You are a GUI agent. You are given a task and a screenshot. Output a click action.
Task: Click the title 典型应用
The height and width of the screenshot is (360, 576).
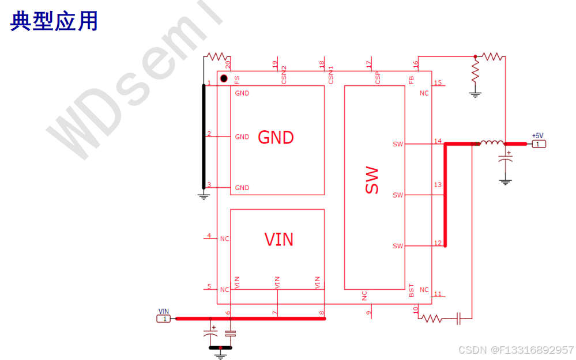[54, 21]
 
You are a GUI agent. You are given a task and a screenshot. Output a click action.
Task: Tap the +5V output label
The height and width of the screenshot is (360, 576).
[537, 136]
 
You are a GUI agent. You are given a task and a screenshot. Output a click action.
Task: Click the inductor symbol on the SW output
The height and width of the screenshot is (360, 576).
[491, 143]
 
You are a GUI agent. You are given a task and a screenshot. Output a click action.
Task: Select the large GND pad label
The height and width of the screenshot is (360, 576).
[276, 137]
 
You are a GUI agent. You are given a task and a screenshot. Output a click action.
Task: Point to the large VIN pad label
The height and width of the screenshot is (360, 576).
[278, 238]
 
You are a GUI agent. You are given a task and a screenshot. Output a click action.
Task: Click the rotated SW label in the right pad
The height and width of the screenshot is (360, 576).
[372, 180]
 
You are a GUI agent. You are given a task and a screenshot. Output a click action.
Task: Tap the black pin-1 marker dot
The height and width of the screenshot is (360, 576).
[224, 78]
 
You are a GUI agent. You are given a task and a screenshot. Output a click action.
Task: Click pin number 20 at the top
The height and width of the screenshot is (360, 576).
[228, 64]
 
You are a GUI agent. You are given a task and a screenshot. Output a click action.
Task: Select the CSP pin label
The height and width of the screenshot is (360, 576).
[378, 78]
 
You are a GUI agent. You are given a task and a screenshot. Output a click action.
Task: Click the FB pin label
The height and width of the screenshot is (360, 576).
[411, 79]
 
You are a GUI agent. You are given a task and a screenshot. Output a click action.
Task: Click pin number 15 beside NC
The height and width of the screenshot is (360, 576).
[438, 83]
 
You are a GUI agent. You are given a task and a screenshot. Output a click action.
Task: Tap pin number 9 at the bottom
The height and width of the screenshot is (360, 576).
[368, 313]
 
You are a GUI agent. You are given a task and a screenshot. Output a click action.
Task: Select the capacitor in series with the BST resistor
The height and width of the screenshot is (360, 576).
[459, 317]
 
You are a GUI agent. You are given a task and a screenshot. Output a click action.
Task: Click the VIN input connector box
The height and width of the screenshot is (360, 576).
[164, 318]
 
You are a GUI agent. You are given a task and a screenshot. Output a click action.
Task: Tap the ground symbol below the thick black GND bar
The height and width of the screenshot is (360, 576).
[203, 196]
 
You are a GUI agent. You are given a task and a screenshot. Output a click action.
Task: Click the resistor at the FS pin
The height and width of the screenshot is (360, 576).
[216, 56]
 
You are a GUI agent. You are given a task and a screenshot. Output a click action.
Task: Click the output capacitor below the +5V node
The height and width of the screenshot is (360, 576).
[506, 162]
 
